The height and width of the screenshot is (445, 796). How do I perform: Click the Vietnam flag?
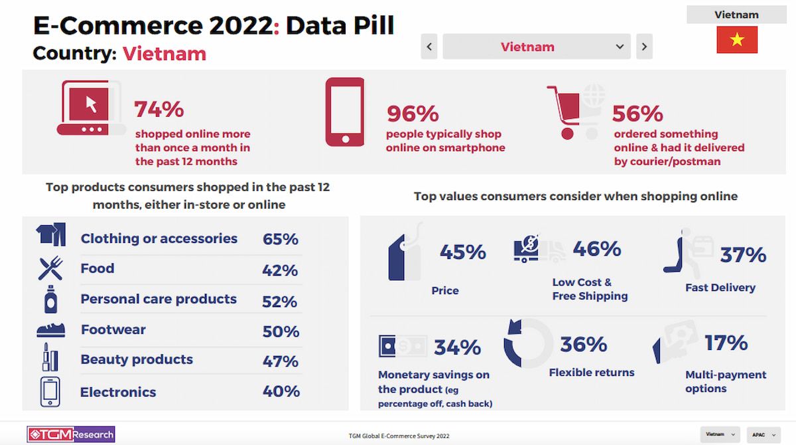click(736, 40)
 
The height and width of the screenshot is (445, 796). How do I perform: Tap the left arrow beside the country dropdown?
click(429, 47)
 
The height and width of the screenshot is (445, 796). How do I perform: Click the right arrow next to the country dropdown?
click(644, 47)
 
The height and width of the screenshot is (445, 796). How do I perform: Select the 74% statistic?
click(159, 109)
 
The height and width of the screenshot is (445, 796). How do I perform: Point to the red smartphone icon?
click(345, 112)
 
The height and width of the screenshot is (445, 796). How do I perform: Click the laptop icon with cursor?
click(91, 108)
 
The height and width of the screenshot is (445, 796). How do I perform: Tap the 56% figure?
click(637, 114)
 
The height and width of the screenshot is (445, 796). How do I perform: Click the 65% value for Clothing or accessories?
click(281, 239)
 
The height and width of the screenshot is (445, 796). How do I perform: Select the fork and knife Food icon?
click(50, 268)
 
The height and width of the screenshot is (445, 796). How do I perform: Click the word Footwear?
click(113, 329)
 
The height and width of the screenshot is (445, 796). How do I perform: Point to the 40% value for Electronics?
click(281, 392)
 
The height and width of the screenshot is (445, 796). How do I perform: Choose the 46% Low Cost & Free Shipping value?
click(597, 249)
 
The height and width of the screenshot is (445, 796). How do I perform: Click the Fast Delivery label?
click(720, 288)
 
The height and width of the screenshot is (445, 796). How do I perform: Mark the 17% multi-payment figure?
click(726, 343)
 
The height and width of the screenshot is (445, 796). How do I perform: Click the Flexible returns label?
click(592, 373)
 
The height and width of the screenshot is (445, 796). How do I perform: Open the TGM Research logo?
click(71, 434)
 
